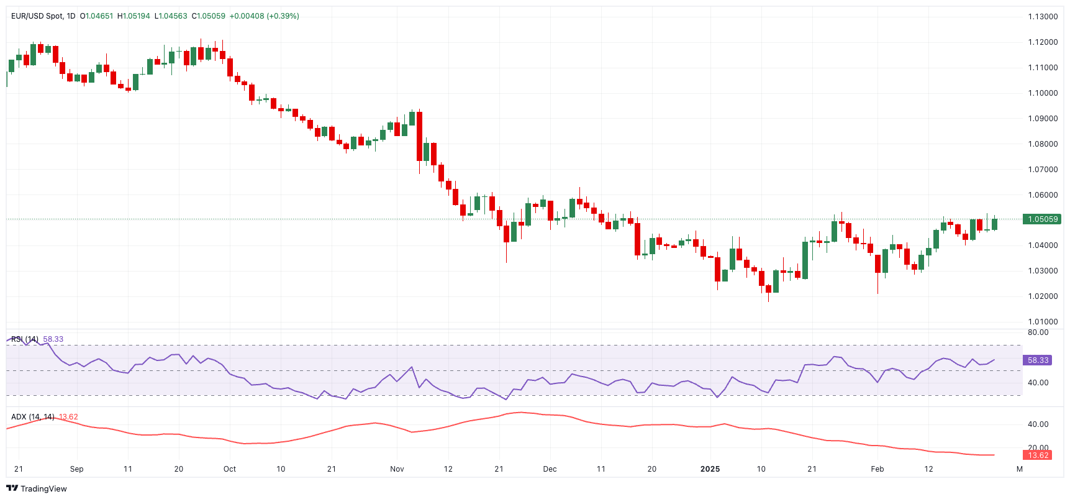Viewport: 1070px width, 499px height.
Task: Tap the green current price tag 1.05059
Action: click(x=1043, y=219)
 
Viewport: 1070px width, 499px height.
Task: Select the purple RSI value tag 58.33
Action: click(x=1038, y=360)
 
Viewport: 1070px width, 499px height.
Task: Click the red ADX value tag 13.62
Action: click(x=1038, y=456)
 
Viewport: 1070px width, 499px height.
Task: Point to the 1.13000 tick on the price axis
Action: click(x=1043, y=17)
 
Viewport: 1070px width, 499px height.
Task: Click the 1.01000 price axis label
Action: click(x=1043, y=322)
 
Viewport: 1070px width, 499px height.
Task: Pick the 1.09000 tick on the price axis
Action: click(x=1043, y=119)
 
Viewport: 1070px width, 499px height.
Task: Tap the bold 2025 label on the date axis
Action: click(x=710, y=469)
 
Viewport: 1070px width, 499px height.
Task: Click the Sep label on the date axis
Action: click(x=76, y=469)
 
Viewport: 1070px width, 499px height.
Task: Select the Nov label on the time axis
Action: click(x=397, y=469)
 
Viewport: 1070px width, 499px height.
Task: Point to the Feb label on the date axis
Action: click(x=877, y=469)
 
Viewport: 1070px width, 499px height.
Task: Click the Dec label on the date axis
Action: click(x=550, y=469)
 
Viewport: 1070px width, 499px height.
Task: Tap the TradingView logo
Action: click(x=36, y=488)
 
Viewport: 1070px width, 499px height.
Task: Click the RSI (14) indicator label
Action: click(x=25, y=339)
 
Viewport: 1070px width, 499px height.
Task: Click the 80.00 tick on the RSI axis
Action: click(x=1038, y=332)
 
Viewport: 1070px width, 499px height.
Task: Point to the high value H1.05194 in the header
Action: click(x=134, y=16)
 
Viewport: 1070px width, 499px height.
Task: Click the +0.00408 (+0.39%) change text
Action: click(x=264, y=16)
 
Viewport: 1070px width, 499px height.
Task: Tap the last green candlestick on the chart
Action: click(x=994, y=224)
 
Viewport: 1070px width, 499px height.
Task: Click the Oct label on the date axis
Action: click(x=230, y=469)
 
